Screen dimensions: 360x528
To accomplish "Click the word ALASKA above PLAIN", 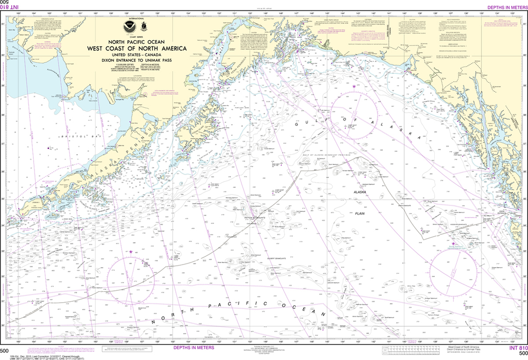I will tap(359, 192).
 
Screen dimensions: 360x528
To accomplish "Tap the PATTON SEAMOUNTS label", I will tap(254, 218).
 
